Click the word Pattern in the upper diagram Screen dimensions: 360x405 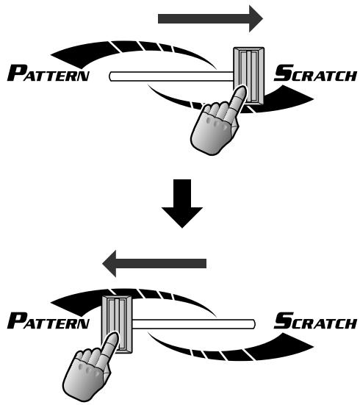coord(48,73)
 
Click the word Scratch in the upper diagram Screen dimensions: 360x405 coord(315,73)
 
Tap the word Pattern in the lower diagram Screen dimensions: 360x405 coord(48,320)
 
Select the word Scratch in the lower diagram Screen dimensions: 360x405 coord(315,320)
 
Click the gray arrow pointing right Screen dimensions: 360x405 coord(210,19)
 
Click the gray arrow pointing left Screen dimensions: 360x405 coord(154,263)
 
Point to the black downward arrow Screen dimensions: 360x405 coord(182,204)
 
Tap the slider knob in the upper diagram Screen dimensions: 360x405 coord(249,76)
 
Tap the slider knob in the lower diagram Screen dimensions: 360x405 coord(117,324)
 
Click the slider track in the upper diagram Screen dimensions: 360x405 coord(171,76)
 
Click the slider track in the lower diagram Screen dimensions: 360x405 coord(194,324)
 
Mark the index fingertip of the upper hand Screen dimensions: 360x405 coord(241,90)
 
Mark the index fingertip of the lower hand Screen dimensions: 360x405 coord(114,337)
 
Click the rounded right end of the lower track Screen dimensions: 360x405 coord(255,324)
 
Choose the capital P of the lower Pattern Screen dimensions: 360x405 coord(17,320)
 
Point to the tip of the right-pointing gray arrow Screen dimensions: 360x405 coord(262,19)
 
